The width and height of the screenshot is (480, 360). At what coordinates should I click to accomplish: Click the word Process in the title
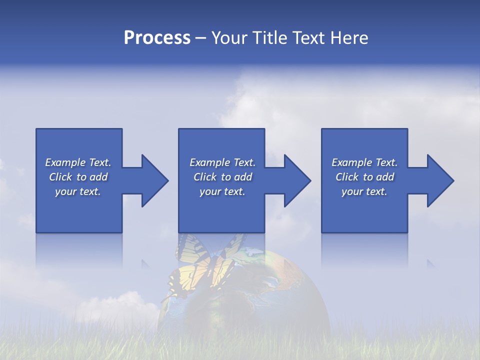156,38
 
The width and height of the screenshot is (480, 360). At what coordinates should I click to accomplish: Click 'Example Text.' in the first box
78,162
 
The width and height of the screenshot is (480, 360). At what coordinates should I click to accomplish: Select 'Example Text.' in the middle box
222,162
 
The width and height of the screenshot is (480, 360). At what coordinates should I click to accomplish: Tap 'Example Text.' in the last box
364,162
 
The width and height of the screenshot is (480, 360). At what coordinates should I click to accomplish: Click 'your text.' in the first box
78,191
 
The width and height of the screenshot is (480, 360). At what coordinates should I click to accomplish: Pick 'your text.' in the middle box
222,191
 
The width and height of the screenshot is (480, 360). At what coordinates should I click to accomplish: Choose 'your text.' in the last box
364,191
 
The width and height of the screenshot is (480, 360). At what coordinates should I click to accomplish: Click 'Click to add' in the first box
78,177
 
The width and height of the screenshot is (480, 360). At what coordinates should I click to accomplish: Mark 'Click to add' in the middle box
222,177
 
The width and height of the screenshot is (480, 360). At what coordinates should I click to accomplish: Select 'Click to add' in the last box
364,177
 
